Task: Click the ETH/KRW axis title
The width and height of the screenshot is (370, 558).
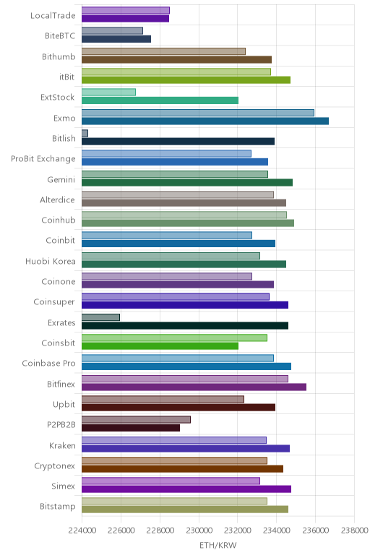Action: [218, 545]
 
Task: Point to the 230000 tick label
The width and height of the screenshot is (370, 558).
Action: [199, 531]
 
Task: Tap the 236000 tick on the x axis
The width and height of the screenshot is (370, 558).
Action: [315, 531]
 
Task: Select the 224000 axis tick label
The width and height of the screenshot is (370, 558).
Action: [82, 531]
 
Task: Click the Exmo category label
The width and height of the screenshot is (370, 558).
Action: [64, 118]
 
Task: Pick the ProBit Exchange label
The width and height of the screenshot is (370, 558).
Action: [43, 159]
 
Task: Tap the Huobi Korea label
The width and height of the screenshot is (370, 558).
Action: [50, 261]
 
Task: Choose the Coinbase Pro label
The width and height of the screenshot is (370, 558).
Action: [48, 364]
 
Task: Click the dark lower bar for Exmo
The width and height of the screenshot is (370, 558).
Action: [205, 121]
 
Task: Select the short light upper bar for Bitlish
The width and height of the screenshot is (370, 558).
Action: [85, 133]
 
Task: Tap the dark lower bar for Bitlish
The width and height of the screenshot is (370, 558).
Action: [178, 142]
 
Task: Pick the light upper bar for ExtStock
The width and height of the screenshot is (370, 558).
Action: [108, 93]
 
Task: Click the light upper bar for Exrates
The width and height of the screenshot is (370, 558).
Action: [100, 317]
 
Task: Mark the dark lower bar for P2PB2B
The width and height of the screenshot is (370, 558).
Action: [131, 428]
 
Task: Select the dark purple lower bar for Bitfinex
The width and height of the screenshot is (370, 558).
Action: [194, 387]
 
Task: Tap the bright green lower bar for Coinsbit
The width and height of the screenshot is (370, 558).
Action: [160, 346]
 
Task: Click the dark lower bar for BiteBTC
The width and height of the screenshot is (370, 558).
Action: [116, 39]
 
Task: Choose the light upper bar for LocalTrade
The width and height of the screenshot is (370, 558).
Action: [126, 10]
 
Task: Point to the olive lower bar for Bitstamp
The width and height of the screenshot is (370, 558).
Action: [185, 510]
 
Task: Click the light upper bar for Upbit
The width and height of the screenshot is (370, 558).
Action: [163, 399]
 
